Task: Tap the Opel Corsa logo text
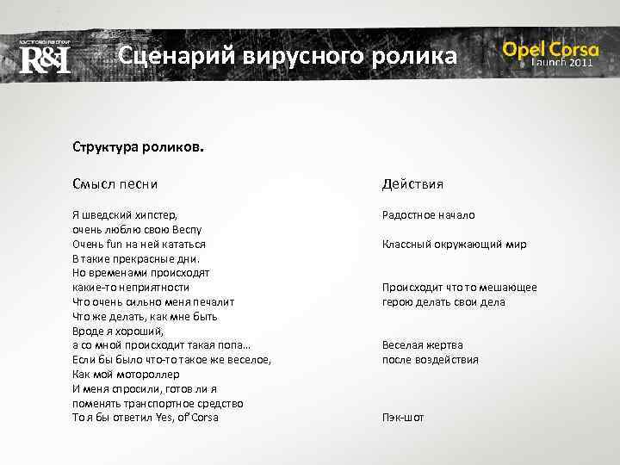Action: (550, 49)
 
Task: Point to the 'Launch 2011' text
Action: (561, 64)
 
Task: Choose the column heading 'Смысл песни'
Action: (115, 183)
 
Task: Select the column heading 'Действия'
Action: (413, 183)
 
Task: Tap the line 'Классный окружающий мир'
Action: (454, 244)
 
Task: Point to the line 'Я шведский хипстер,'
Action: (125, 215)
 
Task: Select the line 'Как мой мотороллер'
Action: (126, 375)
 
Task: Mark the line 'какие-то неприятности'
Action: (131, 288)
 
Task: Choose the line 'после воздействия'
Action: (430, 360)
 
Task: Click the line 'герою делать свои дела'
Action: (443, 302)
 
